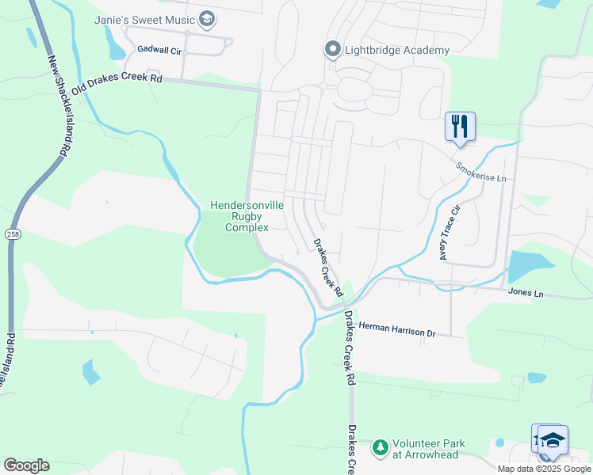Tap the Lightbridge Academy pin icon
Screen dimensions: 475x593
[334, 50]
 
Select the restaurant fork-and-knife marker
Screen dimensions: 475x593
[460, 126]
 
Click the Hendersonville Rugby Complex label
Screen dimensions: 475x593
[247, 216]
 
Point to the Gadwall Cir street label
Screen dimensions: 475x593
[159, 49]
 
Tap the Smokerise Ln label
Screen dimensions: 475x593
[480, 172]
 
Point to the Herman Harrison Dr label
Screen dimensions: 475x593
[397, 330]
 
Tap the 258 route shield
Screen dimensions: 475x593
[12, 234]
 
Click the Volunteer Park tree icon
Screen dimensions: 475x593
[381, 449]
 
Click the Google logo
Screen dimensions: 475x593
[26, 465]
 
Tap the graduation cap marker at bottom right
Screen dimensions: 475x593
[553, 440]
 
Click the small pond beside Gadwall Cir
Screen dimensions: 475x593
[116, 51]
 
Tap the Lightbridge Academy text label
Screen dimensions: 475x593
[397, 50]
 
